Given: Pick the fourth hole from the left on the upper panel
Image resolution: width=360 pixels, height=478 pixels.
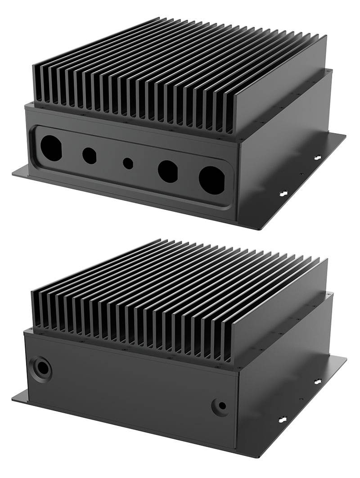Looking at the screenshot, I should pyautogui.click(x=168, y=171).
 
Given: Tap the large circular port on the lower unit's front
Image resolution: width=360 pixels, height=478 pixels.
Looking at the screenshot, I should pyautogui.click(x=42, y=368).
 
